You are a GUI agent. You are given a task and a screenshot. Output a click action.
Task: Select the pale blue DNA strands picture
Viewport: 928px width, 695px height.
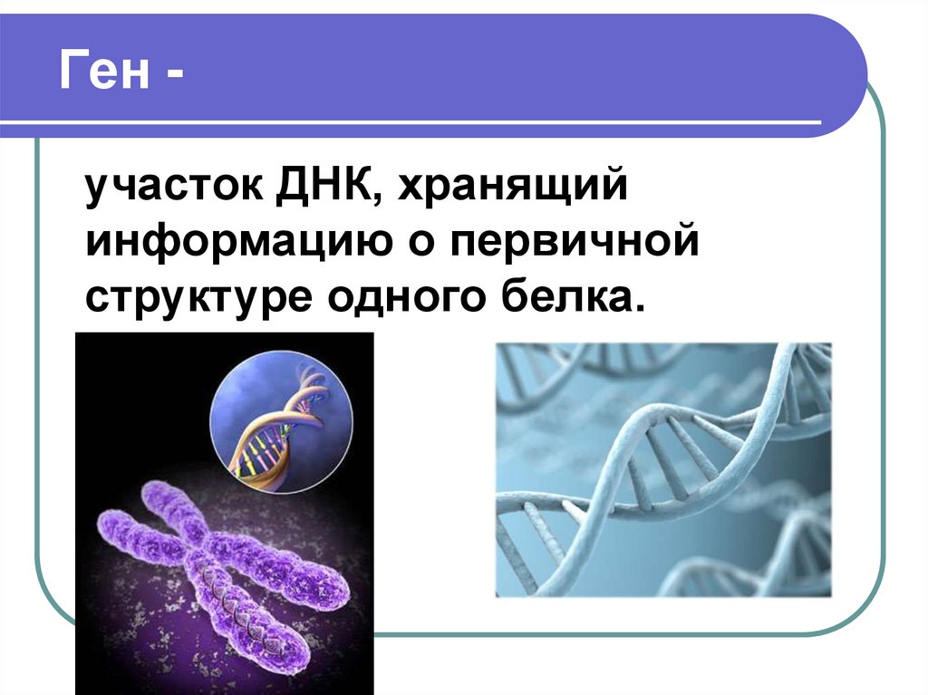(662, 468)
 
